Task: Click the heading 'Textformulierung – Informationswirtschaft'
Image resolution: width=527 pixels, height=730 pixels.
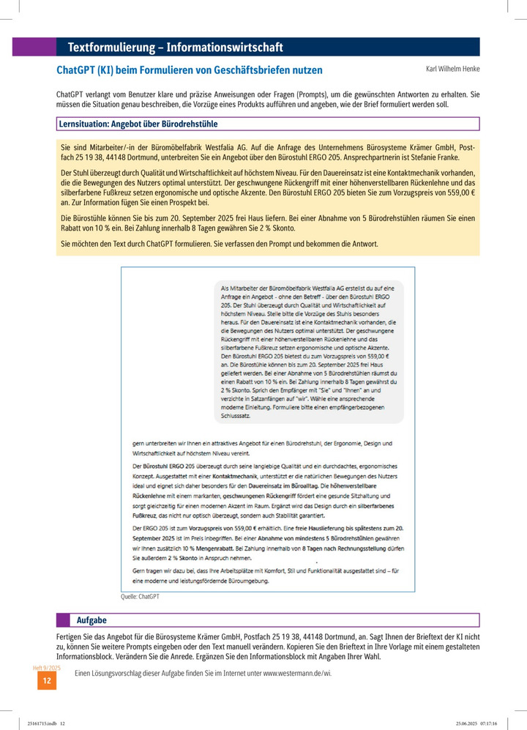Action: tap(175, 48)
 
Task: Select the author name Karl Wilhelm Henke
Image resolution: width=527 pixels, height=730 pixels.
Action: tap(452, 69)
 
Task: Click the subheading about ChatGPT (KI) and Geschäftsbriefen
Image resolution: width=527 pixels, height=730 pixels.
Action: tap(189, 70)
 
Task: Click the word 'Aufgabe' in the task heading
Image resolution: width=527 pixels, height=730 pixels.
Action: tap(91, 620)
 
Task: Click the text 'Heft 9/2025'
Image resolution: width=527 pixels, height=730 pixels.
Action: tap(47, 668)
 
